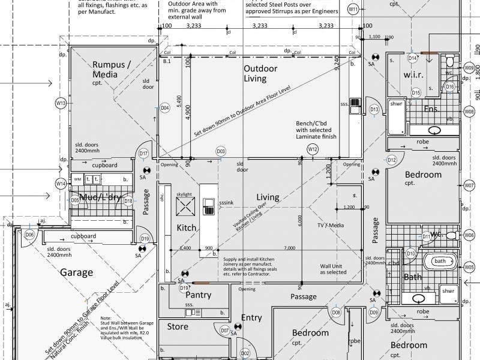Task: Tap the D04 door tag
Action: pos(164,108)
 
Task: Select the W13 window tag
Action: pos(61,103)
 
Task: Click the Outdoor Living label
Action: pos(260,74)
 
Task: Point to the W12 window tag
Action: pos(312,149)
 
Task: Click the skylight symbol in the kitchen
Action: pos(185,207)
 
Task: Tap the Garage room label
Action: pos(77,272)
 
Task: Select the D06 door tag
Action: pos(29,235)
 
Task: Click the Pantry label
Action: pos(198,295)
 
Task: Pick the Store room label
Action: pos(178,327)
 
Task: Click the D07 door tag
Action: pos(225,331)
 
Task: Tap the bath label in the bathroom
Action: pos(440,261)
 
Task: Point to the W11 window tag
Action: pos(353,10)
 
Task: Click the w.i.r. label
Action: pos(414,74)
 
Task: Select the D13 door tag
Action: pos(374,109)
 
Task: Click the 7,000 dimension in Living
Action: pos(290,248)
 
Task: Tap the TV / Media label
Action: pos(331,225)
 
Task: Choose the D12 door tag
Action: pos(391,160)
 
